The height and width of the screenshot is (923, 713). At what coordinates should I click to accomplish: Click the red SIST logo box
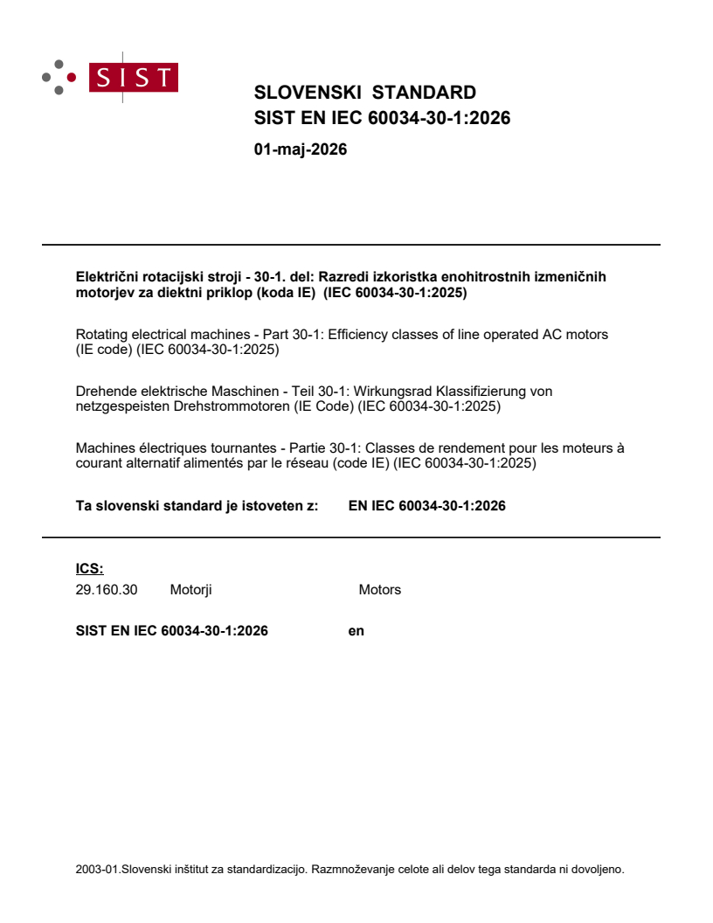[135, 78]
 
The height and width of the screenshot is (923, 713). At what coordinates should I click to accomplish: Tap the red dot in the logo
[72, 77]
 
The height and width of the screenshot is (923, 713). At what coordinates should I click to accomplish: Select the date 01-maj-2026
[300, 149]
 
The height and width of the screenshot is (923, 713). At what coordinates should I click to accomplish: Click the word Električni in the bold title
[106, 277]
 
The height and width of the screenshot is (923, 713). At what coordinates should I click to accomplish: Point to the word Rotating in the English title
[102, 335]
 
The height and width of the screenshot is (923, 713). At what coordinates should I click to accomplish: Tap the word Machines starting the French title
[106, 448]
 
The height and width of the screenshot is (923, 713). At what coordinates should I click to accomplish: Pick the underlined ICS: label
[90, 569]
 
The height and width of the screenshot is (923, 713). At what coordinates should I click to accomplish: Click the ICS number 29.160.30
[107, 590]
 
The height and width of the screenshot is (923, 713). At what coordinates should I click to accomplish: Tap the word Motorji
[191, 590]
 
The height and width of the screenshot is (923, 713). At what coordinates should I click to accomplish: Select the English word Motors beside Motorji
[380, 590]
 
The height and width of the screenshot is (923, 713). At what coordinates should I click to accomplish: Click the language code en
[356, 630]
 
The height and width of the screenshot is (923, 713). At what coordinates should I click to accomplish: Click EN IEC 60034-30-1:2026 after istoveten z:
[426, 505]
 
